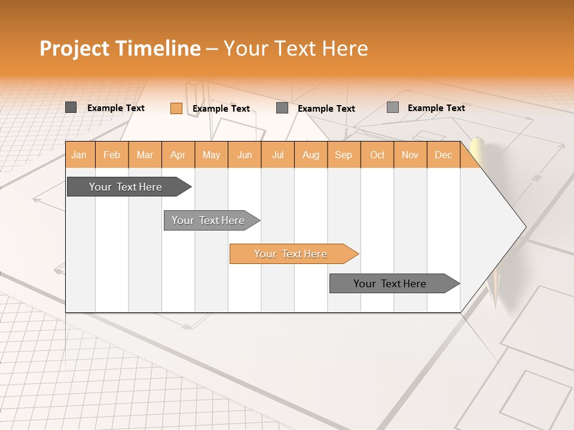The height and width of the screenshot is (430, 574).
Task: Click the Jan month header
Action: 80,155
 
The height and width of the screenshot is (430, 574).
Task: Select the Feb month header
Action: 112,155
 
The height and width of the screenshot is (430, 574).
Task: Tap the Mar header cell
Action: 145,155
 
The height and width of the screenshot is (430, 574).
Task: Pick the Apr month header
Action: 178,155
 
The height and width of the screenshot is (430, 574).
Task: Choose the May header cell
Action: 211,155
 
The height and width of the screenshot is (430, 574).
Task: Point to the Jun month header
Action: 245,155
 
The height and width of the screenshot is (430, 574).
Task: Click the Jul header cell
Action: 278,155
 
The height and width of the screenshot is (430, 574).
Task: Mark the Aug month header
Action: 311,155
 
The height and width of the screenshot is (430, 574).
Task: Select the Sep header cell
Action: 344,155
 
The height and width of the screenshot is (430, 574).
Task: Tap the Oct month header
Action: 377,155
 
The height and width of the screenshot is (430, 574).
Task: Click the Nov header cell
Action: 410,155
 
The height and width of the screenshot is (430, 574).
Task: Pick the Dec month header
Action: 444,155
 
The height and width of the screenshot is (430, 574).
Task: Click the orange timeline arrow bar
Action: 293,254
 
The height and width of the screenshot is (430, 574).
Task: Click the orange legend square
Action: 176,108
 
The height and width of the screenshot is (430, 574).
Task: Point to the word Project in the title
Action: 74,48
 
